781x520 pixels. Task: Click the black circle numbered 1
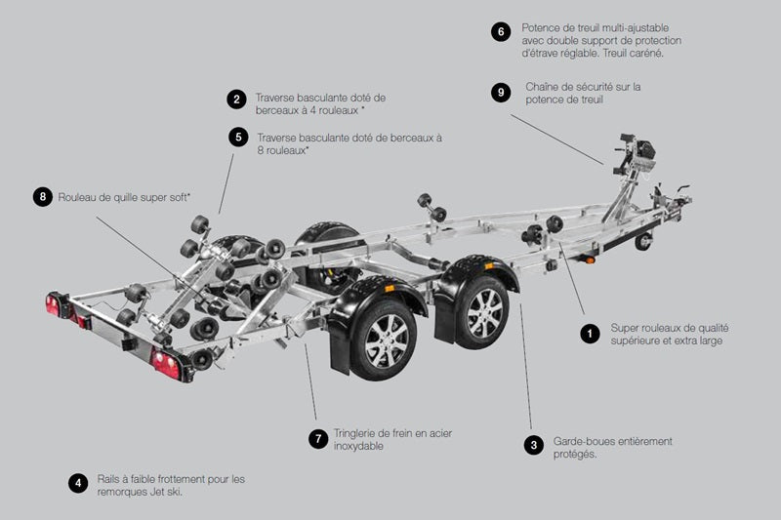tap(589, 334)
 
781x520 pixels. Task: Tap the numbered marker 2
tap(235, 99)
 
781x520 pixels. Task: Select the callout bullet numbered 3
tap(533, 446)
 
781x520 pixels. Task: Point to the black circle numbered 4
tap(77, 483)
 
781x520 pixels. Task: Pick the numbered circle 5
tap(238, 137)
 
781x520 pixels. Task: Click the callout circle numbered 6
tap(500, 31)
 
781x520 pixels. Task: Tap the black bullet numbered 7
tap(317, 439)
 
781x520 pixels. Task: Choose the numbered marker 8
tap(41, 196)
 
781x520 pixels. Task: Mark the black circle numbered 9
tap(500, 92)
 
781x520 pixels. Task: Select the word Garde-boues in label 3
tap(583, 441)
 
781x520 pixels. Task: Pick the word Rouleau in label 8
tap(81, 196)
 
